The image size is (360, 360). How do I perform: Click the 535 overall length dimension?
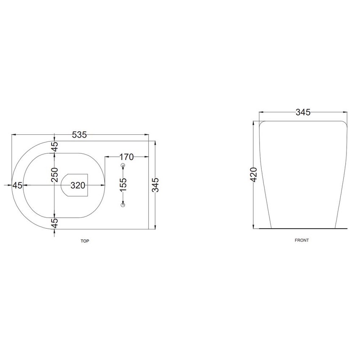(79, 135)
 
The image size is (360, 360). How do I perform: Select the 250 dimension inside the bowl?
(55, 174)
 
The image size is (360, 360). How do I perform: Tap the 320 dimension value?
(78, 185)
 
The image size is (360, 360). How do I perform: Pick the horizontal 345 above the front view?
(303, 112)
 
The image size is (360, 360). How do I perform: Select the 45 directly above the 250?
(55, 146)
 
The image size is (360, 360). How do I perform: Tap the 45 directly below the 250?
(55, 223)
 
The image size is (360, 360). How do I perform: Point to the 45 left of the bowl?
(17, 185)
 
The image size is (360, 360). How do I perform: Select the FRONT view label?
(302, 240)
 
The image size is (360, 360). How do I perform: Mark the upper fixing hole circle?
(123, 165)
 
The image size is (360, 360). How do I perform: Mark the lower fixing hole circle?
(123, 205)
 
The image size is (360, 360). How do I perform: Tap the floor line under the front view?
(303, 228)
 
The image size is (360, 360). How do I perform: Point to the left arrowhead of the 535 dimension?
(13, 135)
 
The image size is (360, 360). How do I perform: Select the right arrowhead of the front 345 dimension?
(345, 113)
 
